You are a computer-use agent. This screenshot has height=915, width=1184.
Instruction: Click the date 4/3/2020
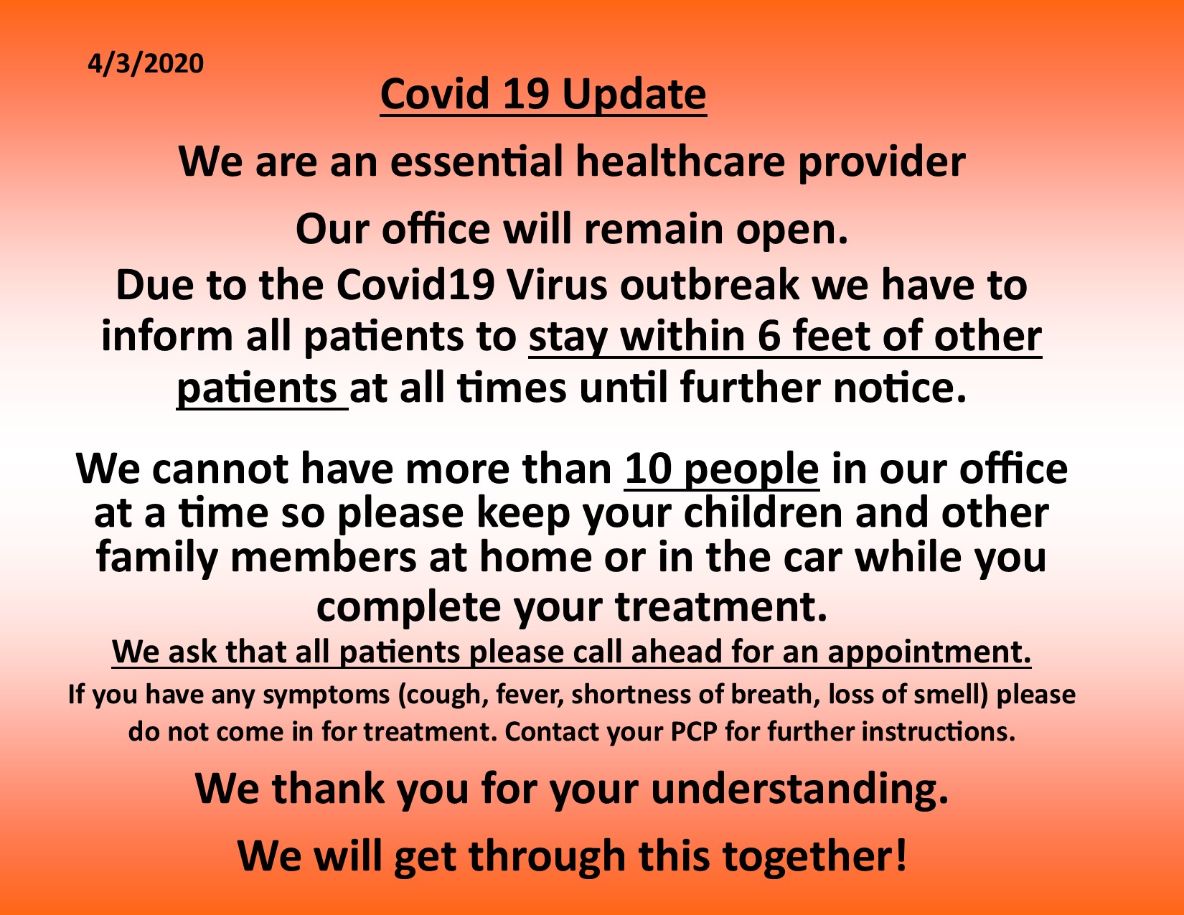pos(146,64)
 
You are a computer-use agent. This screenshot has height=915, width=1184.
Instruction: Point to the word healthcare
pos(680,162)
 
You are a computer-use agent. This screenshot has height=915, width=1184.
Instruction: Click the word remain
pos(653,230)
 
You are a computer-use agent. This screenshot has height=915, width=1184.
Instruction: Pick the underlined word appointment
pos(929,652)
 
